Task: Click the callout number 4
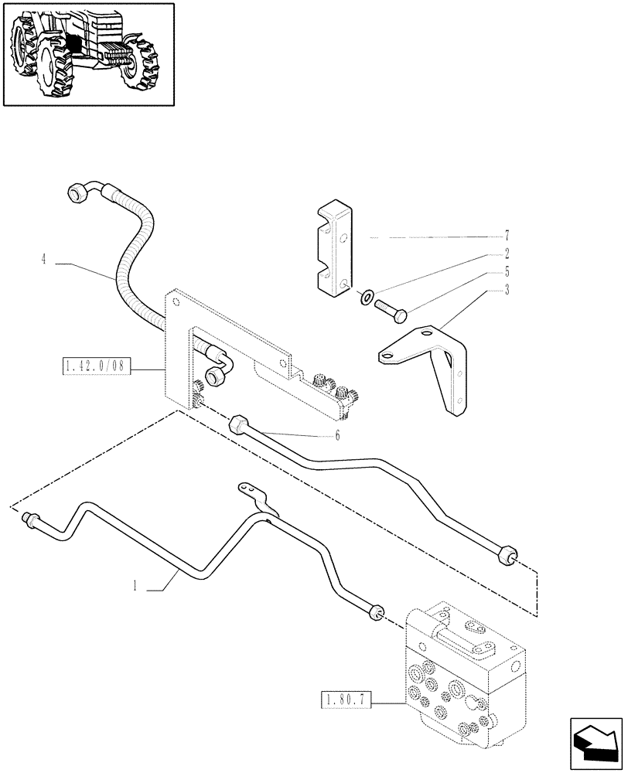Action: click(44, 260)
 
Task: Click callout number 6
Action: click(337, 436)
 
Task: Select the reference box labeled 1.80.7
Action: click(345, 701)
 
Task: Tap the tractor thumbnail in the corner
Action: click(88, 54)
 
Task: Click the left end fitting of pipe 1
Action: click(32, 519)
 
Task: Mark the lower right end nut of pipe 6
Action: click(507, 554)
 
